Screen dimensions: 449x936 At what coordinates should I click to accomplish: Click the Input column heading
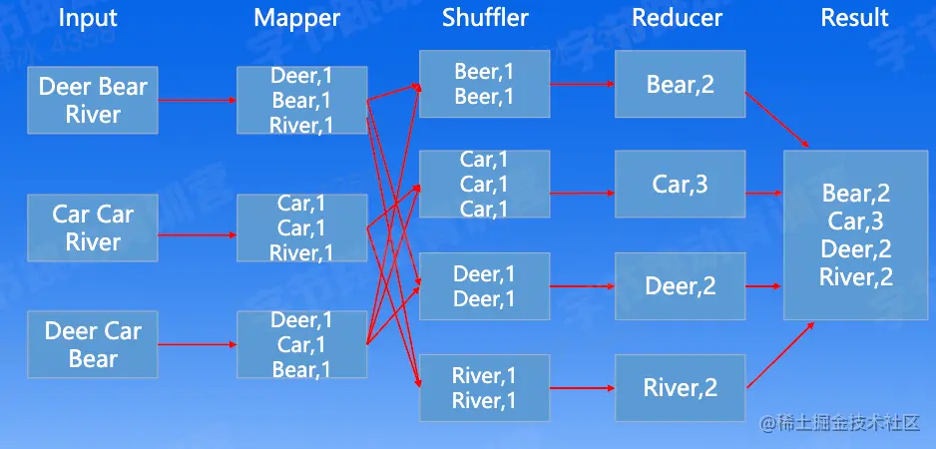coord(88,18)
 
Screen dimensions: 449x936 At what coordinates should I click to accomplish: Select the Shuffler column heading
coord(485,18)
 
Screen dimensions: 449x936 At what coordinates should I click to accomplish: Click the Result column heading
coord(855,18)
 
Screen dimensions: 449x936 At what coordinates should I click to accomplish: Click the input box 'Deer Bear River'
coord(93,101)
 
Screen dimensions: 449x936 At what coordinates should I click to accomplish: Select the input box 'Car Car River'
coord(93,228)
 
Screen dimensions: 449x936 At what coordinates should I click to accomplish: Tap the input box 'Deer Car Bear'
coord(93,344)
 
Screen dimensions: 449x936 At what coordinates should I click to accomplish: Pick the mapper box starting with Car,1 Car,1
coord(301,228)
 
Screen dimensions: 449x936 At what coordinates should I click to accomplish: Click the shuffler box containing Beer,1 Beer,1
coord(484,84)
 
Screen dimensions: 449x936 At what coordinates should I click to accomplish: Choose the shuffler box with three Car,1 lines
coord(484,184)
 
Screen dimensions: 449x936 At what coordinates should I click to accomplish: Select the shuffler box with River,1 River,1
coord(484,387)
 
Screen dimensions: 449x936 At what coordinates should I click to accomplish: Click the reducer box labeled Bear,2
coord(680,85)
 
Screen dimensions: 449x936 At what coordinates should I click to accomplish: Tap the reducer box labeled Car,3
coord(680,185)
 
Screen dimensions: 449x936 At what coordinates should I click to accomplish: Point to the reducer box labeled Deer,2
coord(680,286)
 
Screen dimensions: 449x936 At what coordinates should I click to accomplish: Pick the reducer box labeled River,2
coord(680,387)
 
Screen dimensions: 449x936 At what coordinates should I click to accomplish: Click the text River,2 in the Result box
coord(855,277)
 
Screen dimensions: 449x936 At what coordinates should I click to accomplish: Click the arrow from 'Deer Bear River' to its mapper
coord(197,100)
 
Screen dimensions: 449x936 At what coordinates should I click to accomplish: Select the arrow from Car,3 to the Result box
coord(763,193)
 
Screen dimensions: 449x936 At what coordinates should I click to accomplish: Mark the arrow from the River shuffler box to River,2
coord(582,387)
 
